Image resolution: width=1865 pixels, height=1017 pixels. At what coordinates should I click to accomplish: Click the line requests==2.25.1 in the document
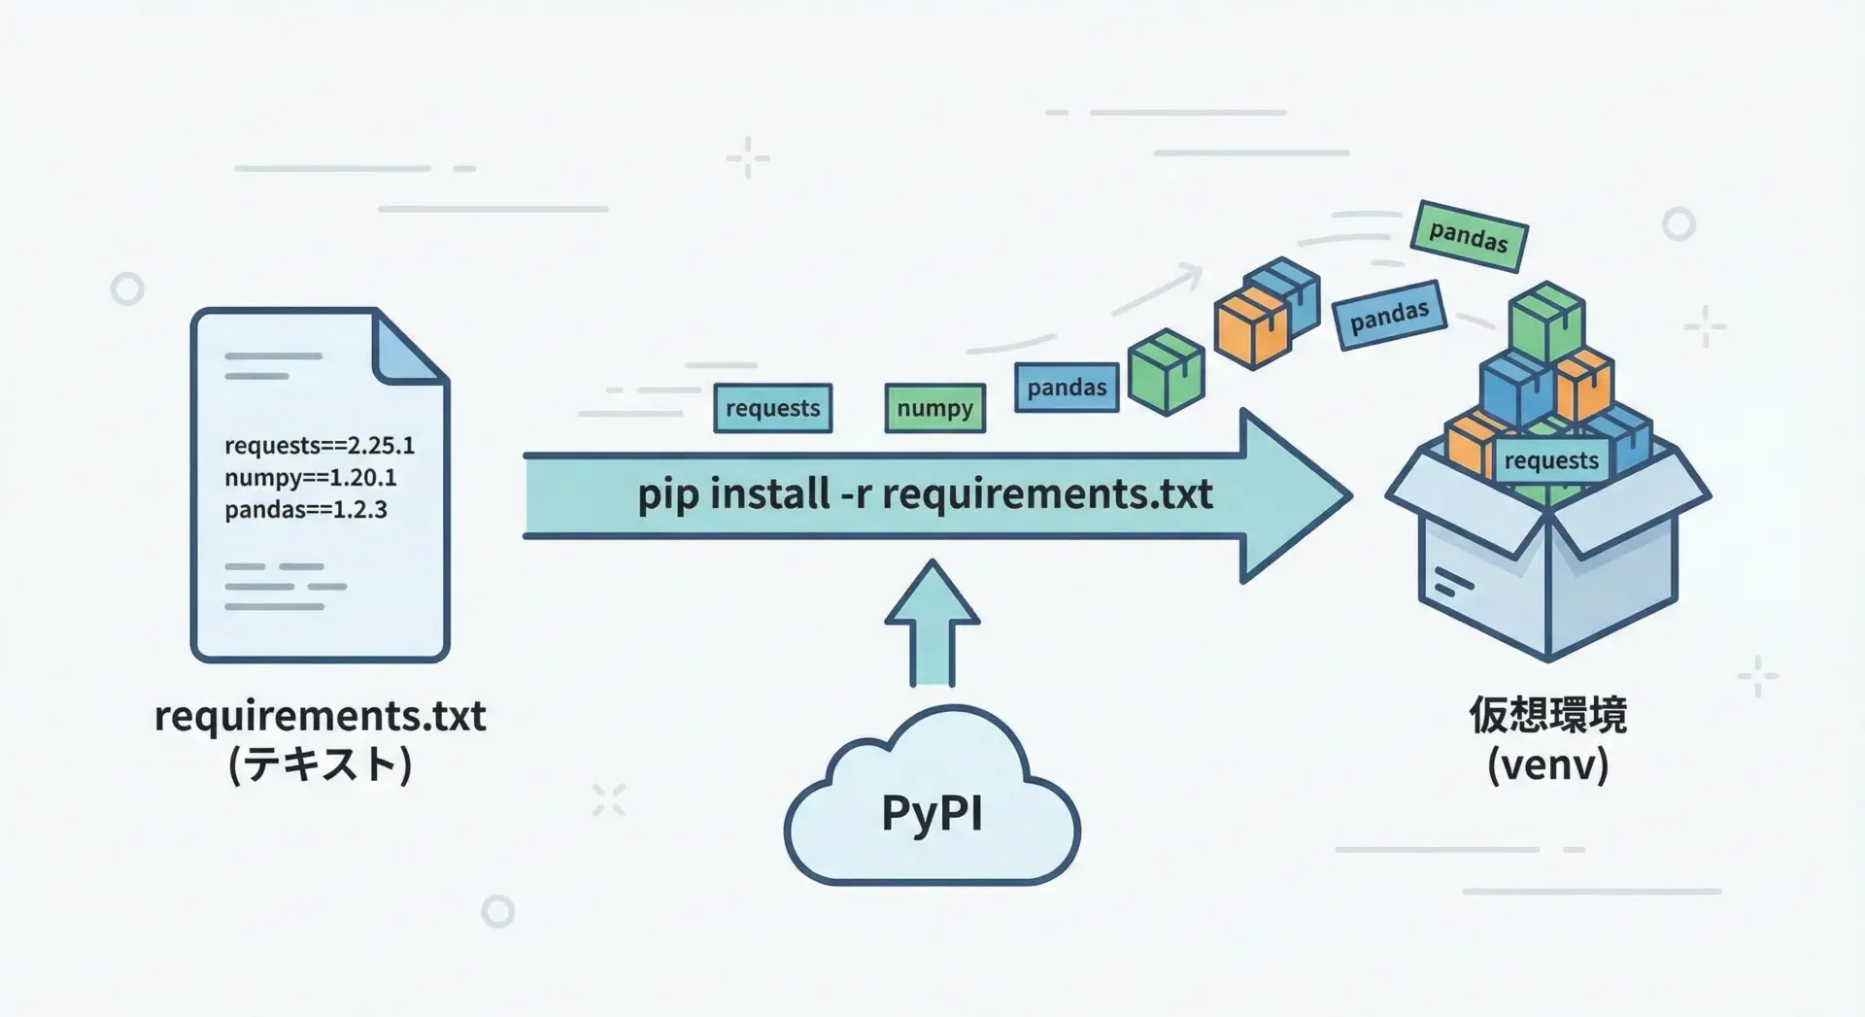tap(320, 446)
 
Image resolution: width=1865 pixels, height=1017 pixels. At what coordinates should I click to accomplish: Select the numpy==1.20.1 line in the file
tap(310, 478)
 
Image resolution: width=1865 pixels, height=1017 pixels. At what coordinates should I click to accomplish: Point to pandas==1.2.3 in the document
tap(305, 510)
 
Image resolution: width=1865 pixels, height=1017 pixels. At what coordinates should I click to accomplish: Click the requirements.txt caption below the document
tap(320, 717)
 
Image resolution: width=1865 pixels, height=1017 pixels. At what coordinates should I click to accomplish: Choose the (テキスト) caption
tap(320, 764)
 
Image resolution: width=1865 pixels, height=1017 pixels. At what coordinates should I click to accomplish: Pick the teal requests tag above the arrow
tap(772, 408)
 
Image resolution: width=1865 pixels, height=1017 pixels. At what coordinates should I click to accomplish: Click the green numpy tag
tap(934, 408)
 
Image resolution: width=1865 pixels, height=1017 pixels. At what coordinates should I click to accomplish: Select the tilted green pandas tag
tap(1468, 235)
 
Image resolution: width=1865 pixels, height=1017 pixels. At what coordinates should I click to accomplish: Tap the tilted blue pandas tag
tap(1389, 315)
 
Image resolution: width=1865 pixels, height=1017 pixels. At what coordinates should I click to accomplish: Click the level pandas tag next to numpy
tap(1067, 388)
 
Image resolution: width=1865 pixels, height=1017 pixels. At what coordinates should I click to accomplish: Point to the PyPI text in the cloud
tap(932, 813)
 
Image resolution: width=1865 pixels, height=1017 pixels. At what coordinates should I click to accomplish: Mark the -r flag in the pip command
tap(855, 494)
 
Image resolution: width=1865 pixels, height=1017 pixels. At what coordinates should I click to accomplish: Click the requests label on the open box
tap(1550, 460)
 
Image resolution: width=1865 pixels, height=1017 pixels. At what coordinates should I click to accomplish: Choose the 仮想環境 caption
tap(1547, 716)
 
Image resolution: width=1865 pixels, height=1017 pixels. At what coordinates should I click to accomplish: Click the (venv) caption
tap(1547, 764)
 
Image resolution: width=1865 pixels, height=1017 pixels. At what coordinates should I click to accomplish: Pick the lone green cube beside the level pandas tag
tap(1166, 371)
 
